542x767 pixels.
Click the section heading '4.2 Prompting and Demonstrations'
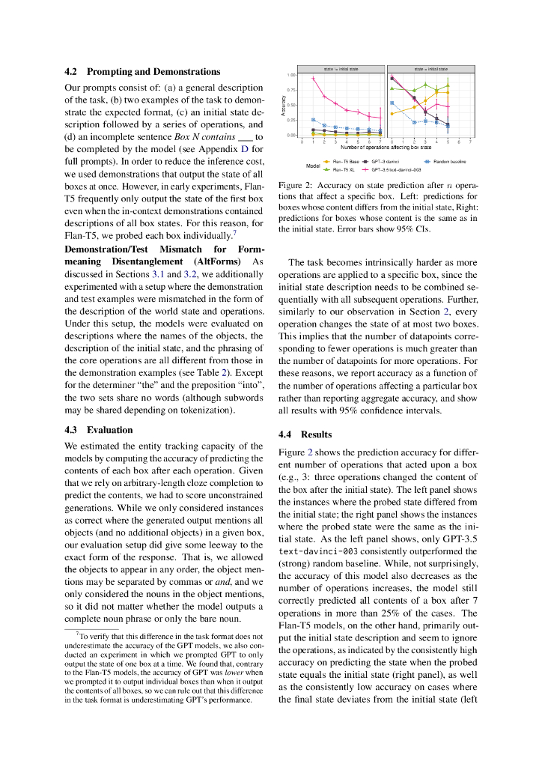click(142, 72)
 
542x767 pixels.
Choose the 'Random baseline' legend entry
click(449, 161)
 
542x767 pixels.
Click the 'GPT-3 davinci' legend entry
click(385, 161)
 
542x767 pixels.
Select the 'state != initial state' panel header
click(341, 69)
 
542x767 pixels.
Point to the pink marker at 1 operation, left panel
click(313, 79)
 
